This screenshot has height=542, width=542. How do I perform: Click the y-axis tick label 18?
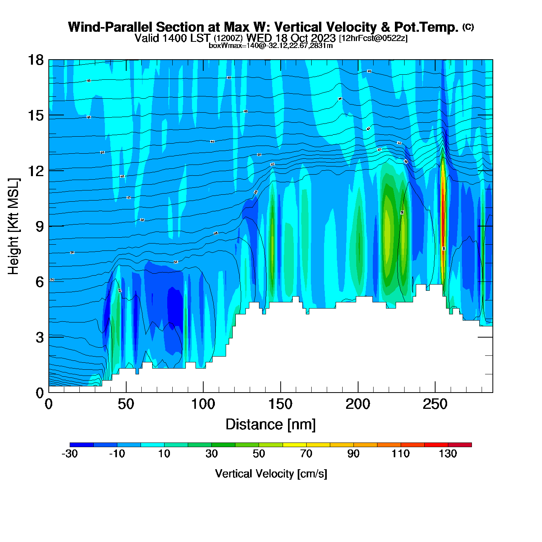[36, 60]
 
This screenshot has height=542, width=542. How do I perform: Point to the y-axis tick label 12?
[36, 171]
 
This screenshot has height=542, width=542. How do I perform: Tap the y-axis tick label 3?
[40, 338]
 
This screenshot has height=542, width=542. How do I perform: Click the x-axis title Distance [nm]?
[271, 425]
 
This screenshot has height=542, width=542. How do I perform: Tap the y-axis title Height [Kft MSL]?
[14, 226]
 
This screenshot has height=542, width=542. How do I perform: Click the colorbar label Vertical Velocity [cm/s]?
[271, 474]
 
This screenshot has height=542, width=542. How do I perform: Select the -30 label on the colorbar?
[70, 454]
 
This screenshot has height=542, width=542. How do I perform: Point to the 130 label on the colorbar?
[448, 454]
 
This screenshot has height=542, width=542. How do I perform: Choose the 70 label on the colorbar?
[306, 454]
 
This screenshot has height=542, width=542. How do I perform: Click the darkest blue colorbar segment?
[82, 445]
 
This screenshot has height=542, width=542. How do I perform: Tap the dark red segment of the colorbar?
[460, 445]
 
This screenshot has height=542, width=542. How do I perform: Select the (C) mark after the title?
[468, 27]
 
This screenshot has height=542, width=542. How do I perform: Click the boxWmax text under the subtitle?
[271, 46]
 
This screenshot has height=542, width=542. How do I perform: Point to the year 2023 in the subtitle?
[322, 38]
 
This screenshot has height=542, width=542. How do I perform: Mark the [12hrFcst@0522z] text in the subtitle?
[373, 38]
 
